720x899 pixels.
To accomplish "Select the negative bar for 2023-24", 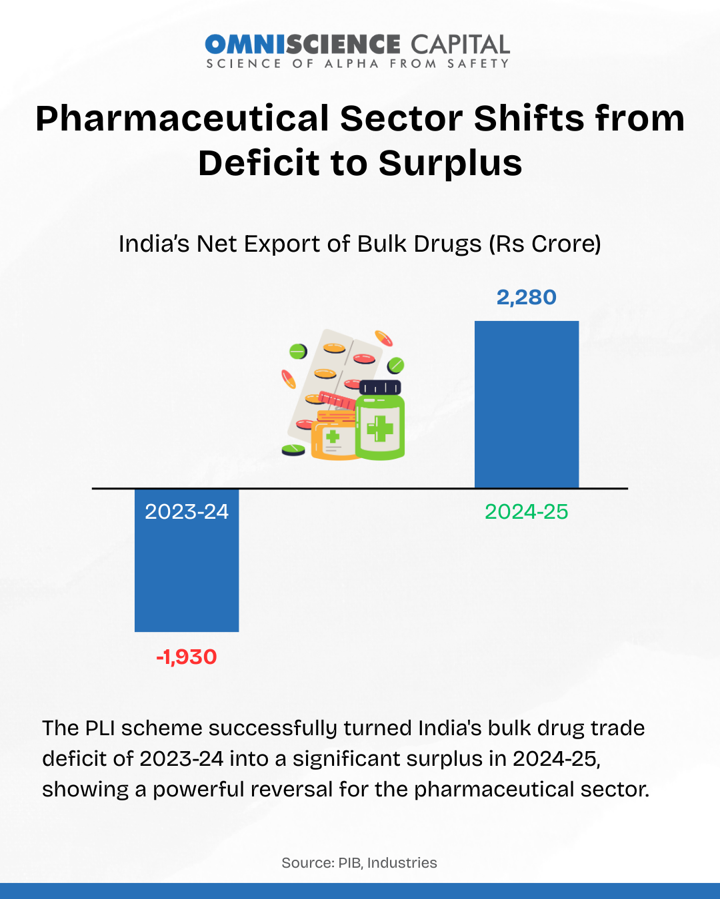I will pos(187,573).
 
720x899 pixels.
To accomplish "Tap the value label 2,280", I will pos(527,297).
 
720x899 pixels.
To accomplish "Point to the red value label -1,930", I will pos(187,657).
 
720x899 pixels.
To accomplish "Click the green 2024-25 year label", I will pos(527,511).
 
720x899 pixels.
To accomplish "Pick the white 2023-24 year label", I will pos(187,511).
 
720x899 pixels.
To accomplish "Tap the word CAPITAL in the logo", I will pos(460,45).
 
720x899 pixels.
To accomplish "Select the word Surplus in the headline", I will pos(451,163).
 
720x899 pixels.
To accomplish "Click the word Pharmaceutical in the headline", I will pos(183,119).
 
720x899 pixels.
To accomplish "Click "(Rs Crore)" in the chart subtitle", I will pos(545,244).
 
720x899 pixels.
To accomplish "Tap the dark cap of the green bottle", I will pos(380,388).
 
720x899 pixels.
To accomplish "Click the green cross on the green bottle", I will pos(380,428).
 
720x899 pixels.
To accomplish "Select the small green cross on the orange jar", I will pos(333,438).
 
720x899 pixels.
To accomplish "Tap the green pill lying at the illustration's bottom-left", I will pos(293,450).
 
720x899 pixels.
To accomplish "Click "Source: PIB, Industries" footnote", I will pos(359,863).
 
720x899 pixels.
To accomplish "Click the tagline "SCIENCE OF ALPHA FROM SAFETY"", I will pos(357,64).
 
